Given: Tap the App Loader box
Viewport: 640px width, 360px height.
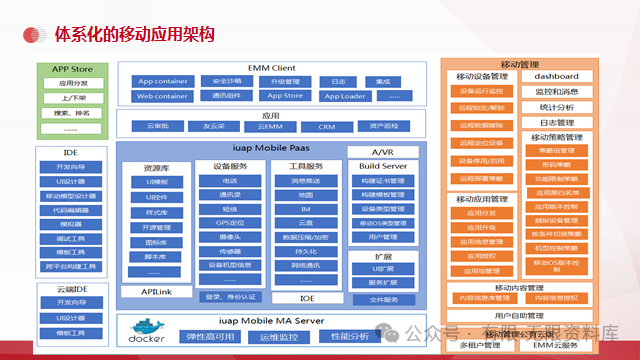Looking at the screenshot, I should pyautogui.click(x=343, y=96).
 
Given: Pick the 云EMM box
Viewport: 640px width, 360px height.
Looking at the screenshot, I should pyautogui.click(x=270, y=127).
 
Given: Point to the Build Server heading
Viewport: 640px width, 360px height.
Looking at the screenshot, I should pyautogui.click(x=382, y=165).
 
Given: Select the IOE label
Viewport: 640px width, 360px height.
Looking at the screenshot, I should pyautogui.click(x=308, y=297).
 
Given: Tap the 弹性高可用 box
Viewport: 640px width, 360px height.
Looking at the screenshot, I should pyautogui.click(x=212, y=336).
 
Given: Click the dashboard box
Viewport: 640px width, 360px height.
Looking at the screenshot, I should pyautogui.click(x=556, y=77).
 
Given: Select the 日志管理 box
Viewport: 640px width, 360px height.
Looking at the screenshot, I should pyautogui.click(x=556, y=122).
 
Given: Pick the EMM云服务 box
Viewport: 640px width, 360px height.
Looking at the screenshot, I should pyautogui.click(x=557, y=344).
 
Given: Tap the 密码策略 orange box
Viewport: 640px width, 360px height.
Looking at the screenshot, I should pyautogui.click(x=556, y=164).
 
